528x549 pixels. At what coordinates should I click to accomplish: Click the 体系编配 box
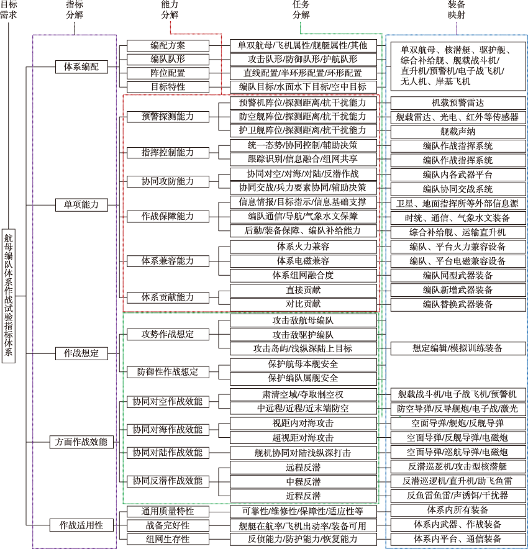tap(81, 66)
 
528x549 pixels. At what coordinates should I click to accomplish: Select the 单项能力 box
tap(81, 204)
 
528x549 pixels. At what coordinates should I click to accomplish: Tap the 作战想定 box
tap(81, 353)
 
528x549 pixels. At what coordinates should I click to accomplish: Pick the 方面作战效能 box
tap(81, 442)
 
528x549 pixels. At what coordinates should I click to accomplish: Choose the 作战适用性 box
tap(81, 525)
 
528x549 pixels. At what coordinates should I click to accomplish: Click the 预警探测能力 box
tap(168, 117)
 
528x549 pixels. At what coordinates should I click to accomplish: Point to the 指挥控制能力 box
tap(168, 153)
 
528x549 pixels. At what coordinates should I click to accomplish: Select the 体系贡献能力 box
tap(168, 297)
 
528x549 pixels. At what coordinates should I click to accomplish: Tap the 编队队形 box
tap(168, 60)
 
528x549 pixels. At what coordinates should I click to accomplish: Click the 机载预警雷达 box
tap(458, 103)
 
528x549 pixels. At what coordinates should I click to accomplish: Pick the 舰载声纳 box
tap(458, 132)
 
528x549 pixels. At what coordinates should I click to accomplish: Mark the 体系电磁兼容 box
tap(303, 261)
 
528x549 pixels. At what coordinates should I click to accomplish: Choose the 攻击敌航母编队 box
tap(303, 320)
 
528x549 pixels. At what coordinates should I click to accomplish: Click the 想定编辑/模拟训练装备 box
tap(458, 348)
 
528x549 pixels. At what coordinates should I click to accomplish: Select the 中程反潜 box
tap(303, 482)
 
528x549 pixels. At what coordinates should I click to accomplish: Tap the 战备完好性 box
tap(168, 525)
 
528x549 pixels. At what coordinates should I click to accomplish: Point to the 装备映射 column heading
tap(457, 9)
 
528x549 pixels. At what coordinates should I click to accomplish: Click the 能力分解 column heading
tap(170, 9)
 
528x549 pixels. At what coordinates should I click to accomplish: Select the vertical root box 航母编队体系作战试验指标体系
tap(9, 296)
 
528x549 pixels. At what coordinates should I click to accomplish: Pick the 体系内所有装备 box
tap(458, 510)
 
